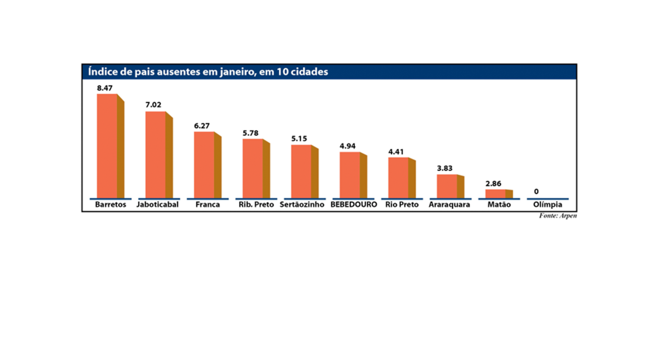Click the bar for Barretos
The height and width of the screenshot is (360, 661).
point(108,146)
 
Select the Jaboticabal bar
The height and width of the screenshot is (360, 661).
point(156,155)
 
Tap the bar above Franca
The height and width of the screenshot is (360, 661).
point(205,165)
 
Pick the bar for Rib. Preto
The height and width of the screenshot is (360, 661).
point(253,168)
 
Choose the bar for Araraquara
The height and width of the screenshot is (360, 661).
point(448,186)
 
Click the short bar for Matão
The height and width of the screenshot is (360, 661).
point(496,194)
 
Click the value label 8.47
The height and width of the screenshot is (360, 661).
point(105,88)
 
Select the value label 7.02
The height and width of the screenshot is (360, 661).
point(153,105)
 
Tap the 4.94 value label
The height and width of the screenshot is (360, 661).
point(347,146)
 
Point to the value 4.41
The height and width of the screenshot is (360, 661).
point(396,152)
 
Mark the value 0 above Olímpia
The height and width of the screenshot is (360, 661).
point(536,192)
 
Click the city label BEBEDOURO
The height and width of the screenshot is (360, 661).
point(354,205)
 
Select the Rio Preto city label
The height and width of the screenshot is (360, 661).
point(402,205)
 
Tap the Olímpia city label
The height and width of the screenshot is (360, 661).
point(547,205)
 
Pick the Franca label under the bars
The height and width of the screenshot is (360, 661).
point(207,205)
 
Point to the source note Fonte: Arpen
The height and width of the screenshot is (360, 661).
point(558,216)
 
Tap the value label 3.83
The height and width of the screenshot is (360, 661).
point(445,168)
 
